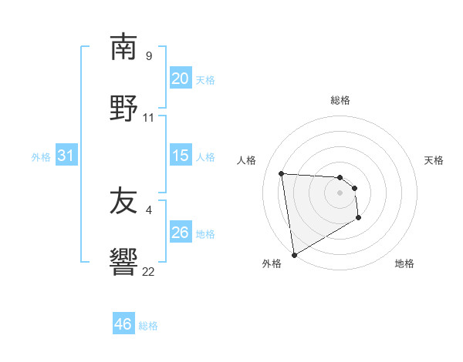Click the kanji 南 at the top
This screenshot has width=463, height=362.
(x=123, y=48)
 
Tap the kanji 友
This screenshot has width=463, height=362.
(x=123, y=202)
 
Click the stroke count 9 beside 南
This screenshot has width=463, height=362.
(x=149, y=56)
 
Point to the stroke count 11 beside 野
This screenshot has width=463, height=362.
(x=149, y=117)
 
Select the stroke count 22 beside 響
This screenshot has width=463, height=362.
(x=149, y=271)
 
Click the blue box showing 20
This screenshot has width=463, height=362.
(x=180, y=79)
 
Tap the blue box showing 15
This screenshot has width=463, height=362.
(x=180, y=156)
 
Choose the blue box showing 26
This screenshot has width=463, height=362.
(x=180, y=233)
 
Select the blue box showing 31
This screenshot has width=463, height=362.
(x=66, y=156)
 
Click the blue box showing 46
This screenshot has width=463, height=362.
(x=123, y=324)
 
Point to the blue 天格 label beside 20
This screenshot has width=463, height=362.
(x=205, y=79)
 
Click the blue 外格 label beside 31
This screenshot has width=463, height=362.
(x=41, y=156)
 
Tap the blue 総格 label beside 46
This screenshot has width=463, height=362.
(x=148, y=326)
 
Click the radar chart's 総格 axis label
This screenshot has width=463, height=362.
(x=340, y=100)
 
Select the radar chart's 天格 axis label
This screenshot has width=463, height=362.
(x=434, y=160)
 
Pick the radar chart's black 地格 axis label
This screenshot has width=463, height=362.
(x=404, y=263)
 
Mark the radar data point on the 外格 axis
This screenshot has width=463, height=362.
(x=293, y=254)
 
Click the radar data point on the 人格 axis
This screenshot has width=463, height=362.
(x=282, y=173)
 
